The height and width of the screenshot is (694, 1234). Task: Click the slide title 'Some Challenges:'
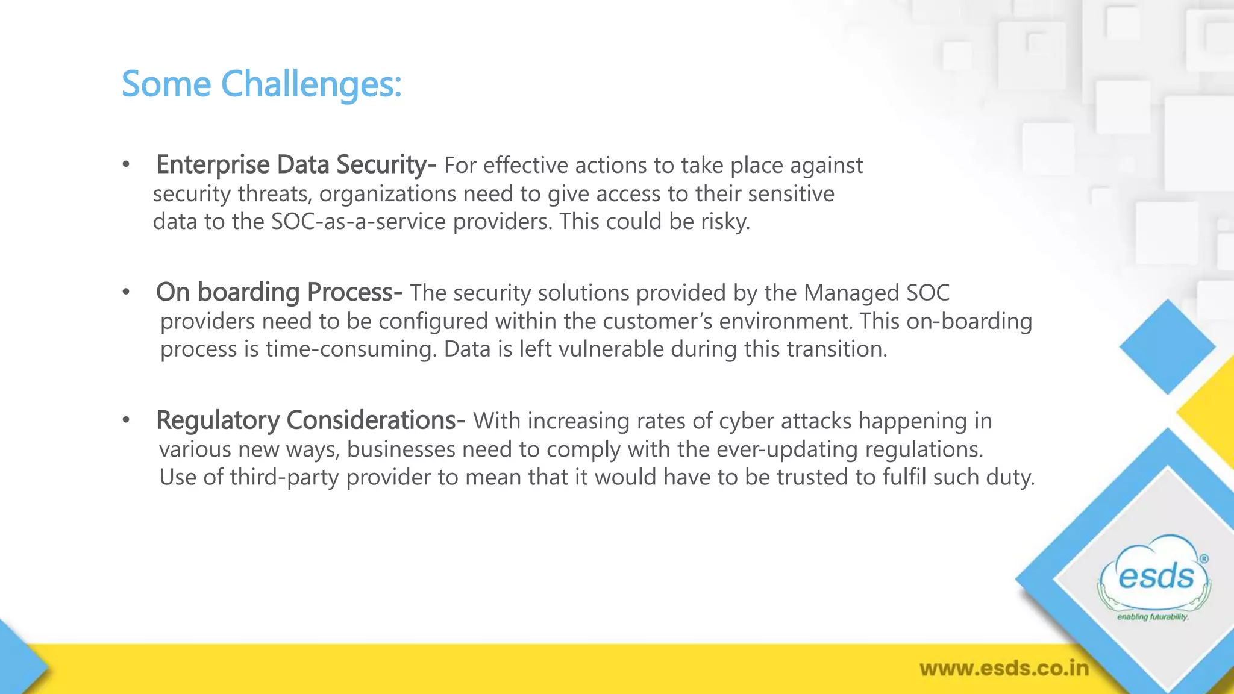pyautogui.click(x=261, y=84)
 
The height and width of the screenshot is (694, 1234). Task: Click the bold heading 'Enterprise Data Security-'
pyautogui.click(x=296, y=164)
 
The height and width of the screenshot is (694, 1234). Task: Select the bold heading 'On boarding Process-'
pyautogui.click(x=279, y=292)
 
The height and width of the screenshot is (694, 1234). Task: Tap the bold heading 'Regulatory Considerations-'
pyautogui.click(x=310, y=420)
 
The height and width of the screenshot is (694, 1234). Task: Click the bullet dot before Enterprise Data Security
pyautogui.click(x=126, y=165)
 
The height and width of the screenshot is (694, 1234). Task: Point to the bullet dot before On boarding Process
pyautogui.click(x=126, y=293)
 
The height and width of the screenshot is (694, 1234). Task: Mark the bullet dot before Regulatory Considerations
pyautogui.click(x=126, y=420)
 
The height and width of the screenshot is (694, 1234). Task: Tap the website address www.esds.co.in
pyautogui.click(x=1004, y=668)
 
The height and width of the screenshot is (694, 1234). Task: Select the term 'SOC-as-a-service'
pyautogui.click(x=359, y=222)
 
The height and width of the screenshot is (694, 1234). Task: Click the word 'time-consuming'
pyautogui.click(x=351, y=349)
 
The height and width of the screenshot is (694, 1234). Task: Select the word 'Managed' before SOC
pyautogui.click(x=843, y=293)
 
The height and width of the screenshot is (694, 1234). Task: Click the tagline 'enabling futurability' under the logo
pyautogui.click(x=1153, y=617)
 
